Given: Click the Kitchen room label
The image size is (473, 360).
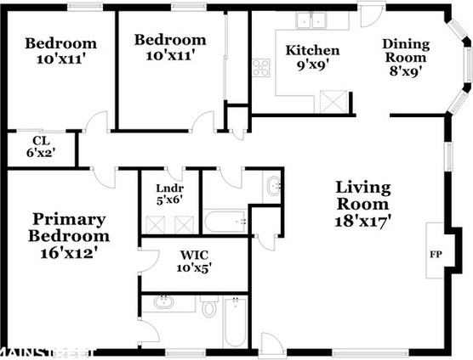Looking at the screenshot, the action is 312,50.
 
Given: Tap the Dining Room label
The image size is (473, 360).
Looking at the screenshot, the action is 406,51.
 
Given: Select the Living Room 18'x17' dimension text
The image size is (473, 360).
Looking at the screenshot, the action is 363,222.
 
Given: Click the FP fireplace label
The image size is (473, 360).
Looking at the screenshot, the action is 436,255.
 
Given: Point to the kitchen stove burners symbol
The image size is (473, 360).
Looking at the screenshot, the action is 261,68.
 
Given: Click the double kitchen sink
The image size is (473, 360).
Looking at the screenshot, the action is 311,20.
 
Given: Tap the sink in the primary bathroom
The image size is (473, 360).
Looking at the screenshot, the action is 163,302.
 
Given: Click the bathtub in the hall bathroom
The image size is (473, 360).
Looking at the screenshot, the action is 225,222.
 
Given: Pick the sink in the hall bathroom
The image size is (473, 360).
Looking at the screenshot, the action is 274,186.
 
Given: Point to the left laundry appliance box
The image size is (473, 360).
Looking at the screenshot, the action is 156,224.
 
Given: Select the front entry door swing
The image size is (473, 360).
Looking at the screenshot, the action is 270,341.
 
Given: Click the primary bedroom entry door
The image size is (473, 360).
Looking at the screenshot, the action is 104,178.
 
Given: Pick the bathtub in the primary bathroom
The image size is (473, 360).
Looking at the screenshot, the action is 235,323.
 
